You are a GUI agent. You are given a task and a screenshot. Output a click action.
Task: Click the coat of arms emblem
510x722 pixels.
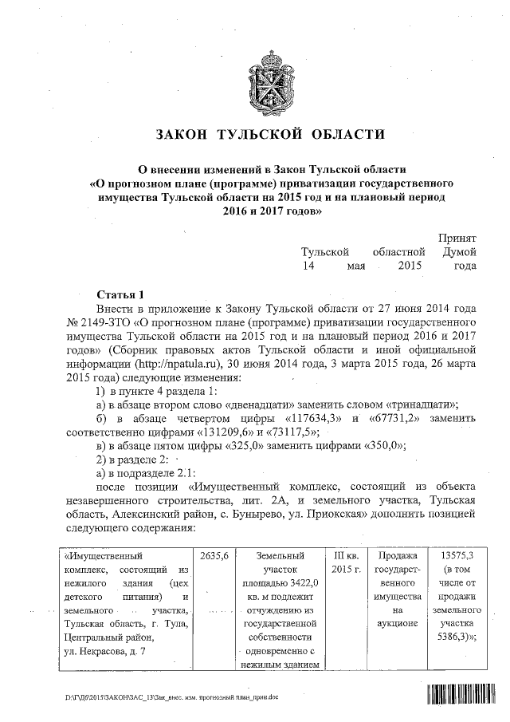coord(254,77)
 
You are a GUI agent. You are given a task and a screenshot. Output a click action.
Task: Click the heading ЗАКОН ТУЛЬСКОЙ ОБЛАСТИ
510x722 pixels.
coord(254,135)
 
